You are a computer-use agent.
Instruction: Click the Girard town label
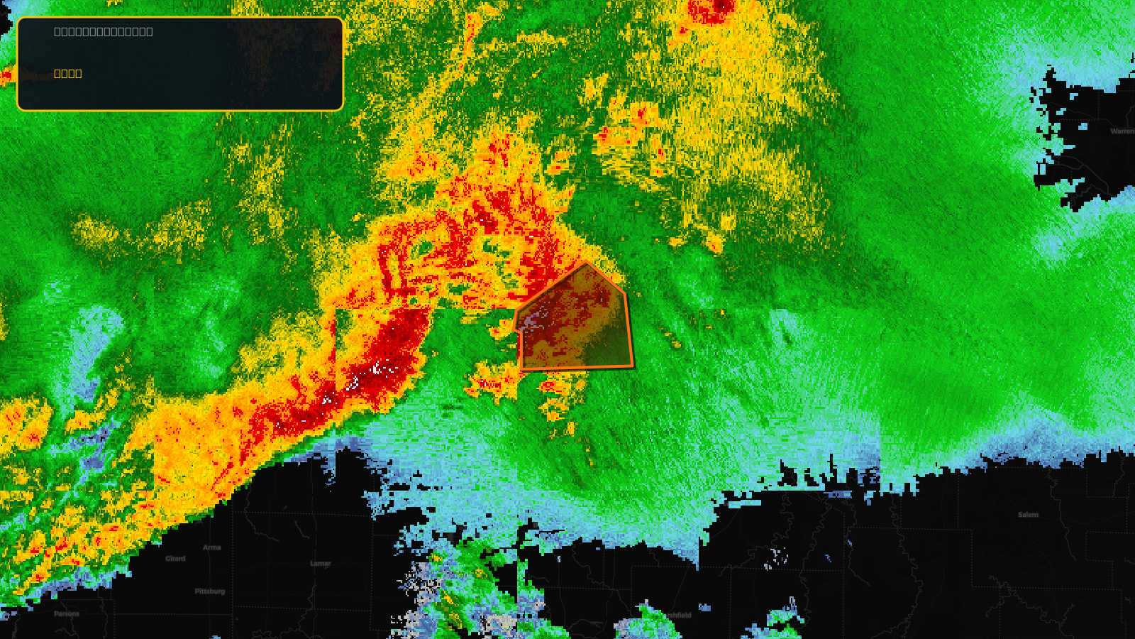click(175, 559)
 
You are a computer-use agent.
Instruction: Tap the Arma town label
click(212, 547)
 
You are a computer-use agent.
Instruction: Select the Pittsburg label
click(210, 591)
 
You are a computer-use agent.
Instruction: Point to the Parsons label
click(67, 614)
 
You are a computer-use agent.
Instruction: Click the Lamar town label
click(321, 564)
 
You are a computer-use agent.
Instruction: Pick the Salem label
click(1028, 515)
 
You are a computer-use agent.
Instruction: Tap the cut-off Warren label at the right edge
click(1122, 131)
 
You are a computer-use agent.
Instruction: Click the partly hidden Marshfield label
click(677, 615)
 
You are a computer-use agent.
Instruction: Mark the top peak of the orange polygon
click(586, 262)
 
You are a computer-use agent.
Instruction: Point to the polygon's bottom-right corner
click(633, 366)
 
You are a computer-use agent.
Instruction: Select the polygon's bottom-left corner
click(522, 369)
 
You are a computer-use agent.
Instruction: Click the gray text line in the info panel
click(104, 31)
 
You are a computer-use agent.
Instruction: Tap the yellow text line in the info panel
click(68, 73)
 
